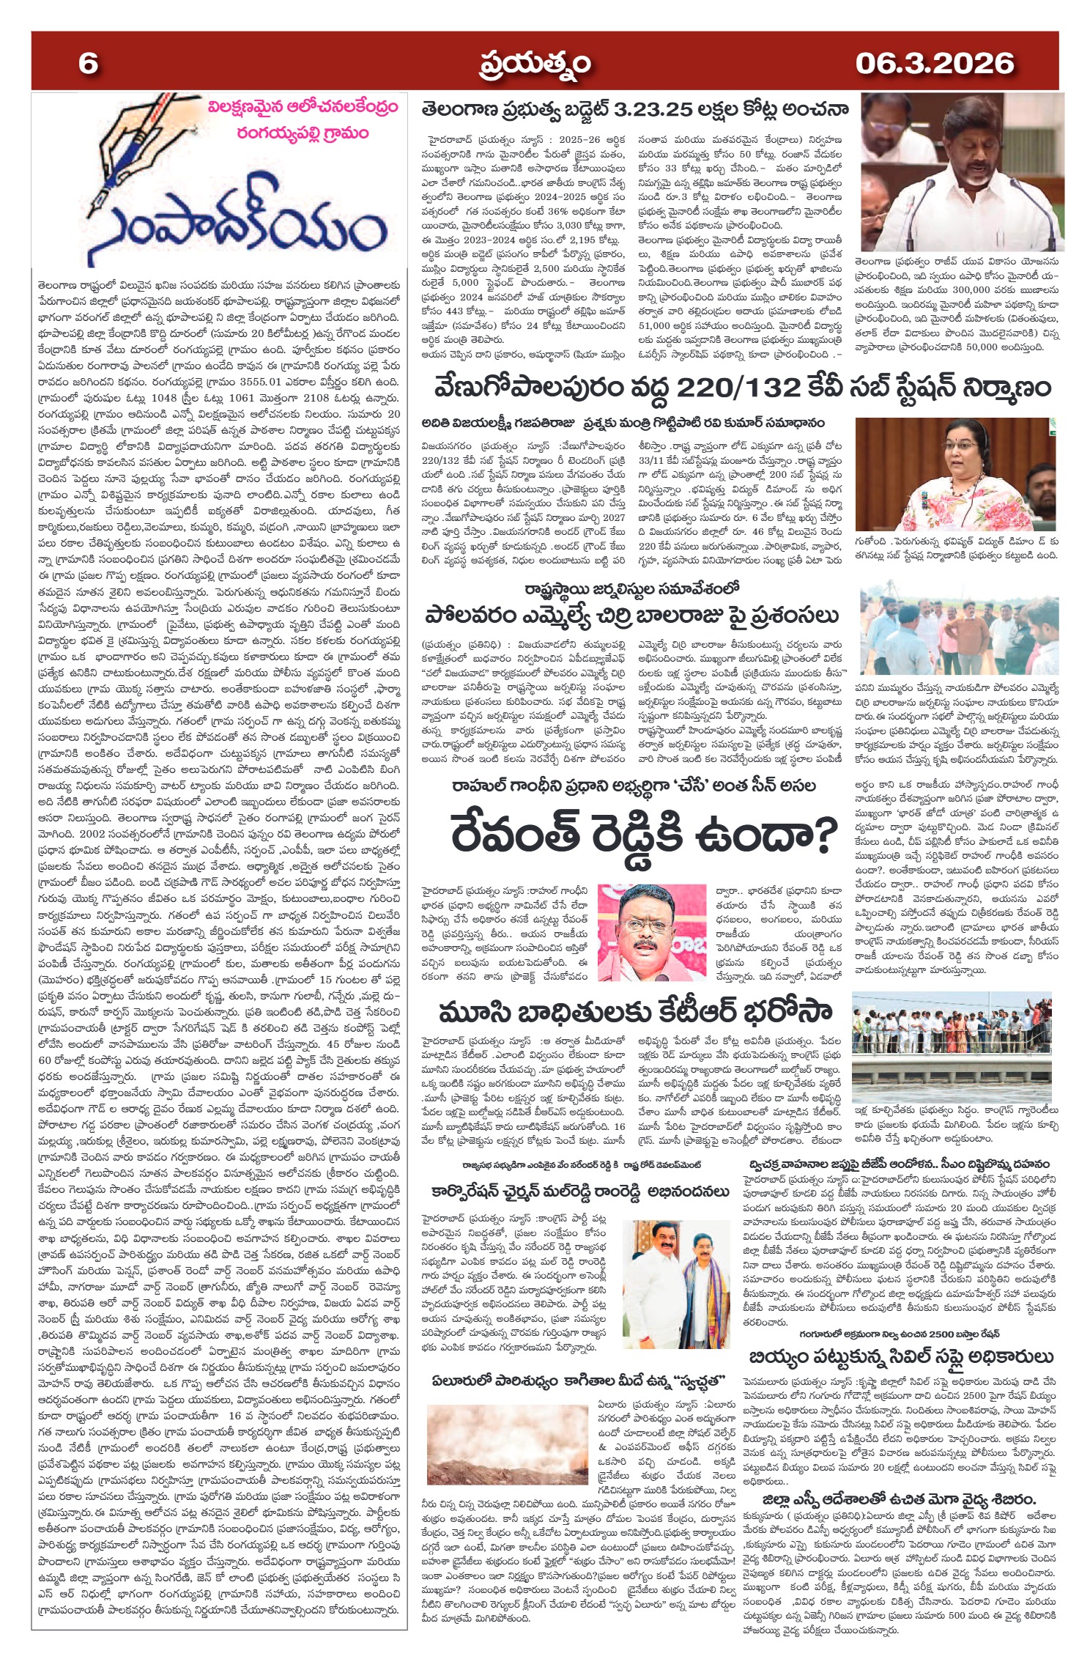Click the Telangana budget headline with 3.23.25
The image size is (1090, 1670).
634,110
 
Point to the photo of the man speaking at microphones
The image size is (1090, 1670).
961,172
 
